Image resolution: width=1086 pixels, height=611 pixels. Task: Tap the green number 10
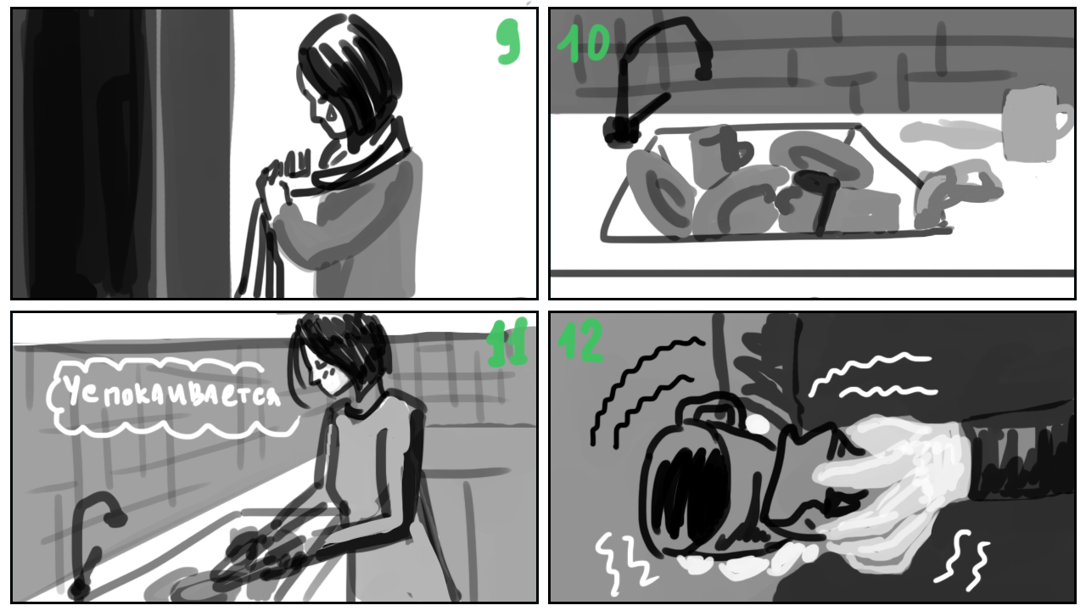(x=583, y=43)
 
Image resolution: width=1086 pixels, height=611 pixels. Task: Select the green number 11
(x=507, y=342)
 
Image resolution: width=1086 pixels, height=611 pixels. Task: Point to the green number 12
(x=580, y=340)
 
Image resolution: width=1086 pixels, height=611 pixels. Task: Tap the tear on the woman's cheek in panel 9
(x=331, y=115)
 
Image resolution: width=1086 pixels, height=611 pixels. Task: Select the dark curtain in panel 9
(x=121, y=154)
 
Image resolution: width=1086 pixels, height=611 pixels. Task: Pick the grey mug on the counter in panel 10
(x=1033, y=124)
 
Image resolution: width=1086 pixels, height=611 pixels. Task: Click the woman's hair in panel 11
(x=339, y=354)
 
